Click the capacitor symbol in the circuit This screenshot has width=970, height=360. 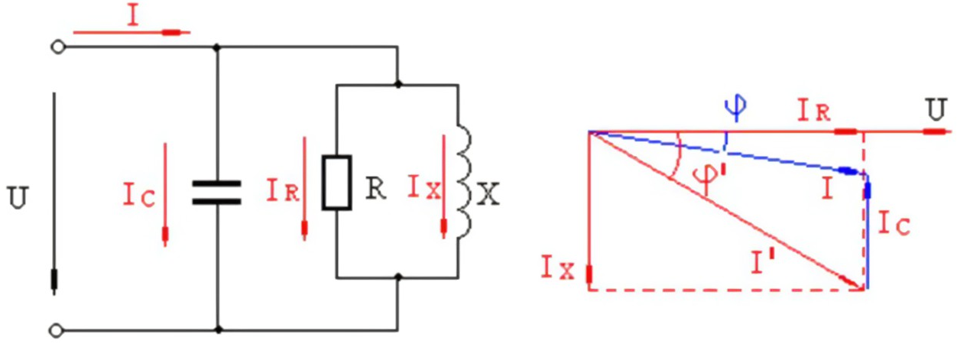tap(216, 193)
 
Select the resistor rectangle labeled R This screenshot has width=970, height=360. tap(336, 183)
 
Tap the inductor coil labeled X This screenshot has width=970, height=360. tap(464, 181)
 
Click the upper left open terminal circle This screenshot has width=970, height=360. tap(58, 47)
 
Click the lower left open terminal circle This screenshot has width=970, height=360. tap(56, 331)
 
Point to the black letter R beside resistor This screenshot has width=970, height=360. tap(375, 189)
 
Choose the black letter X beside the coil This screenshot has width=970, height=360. tap(488, 193)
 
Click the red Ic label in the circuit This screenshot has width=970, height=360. tap(139, 195)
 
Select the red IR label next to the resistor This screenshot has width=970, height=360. tap(283, 190)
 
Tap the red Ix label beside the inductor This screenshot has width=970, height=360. tap(424, 187)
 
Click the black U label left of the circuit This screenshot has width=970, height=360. tap(18, 197)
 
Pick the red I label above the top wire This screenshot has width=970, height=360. tap(133, 17)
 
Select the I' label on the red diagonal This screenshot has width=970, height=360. tap(764, 262)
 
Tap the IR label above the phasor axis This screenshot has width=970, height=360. tap(814, 111)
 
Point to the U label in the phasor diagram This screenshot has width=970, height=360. tap(937, 109)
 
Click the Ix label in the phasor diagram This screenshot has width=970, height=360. tap(558, 268)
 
